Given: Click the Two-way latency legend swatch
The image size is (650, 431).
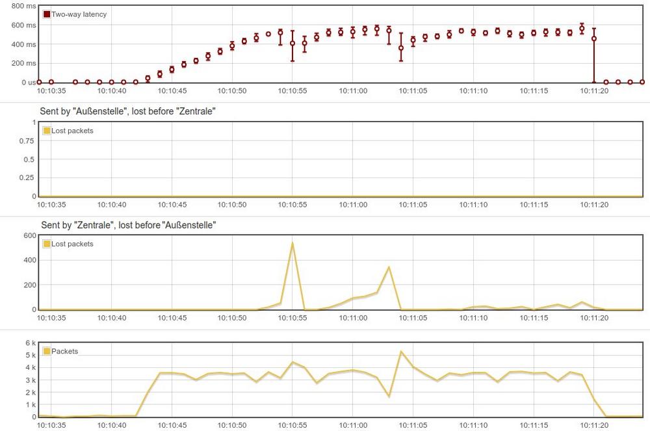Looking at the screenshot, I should [x=47, y=14].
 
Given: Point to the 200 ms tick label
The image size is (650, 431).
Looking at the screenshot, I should [x=25, y=63].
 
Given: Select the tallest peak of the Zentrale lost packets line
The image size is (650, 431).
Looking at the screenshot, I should [x=292, y=243].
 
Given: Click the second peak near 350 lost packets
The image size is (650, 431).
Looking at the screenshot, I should [x=389, y=267].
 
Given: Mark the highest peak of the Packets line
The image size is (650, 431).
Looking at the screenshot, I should [x=401, y=352].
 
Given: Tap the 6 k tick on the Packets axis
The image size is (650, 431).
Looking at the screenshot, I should [x=31, y=343].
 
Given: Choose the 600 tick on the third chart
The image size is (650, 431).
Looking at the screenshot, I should [x=30, y=235].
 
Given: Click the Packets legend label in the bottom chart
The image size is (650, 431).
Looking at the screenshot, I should [x=64, y=351].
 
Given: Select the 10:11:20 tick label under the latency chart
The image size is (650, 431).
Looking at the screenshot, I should [x=594, y=92].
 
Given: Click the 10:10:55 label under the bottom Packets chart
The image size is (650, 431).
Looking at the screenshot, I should [x=292, y=426].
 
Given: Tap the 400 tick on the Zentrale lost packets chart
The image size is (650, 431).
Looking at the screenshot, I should [x=30, y=260].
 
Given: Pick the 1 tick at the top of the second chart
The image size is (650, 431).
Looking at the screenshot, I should [x=34, y=122].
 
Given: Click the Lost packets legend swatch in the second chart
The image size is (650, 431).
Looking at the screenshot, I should [x=47, y=131].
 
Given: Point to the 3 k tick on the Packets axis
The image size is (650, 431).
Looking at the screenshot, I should [x=31, y=380].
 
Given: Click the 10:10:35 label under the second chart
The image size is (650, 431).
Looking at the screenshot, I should [x=51, y=205].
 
